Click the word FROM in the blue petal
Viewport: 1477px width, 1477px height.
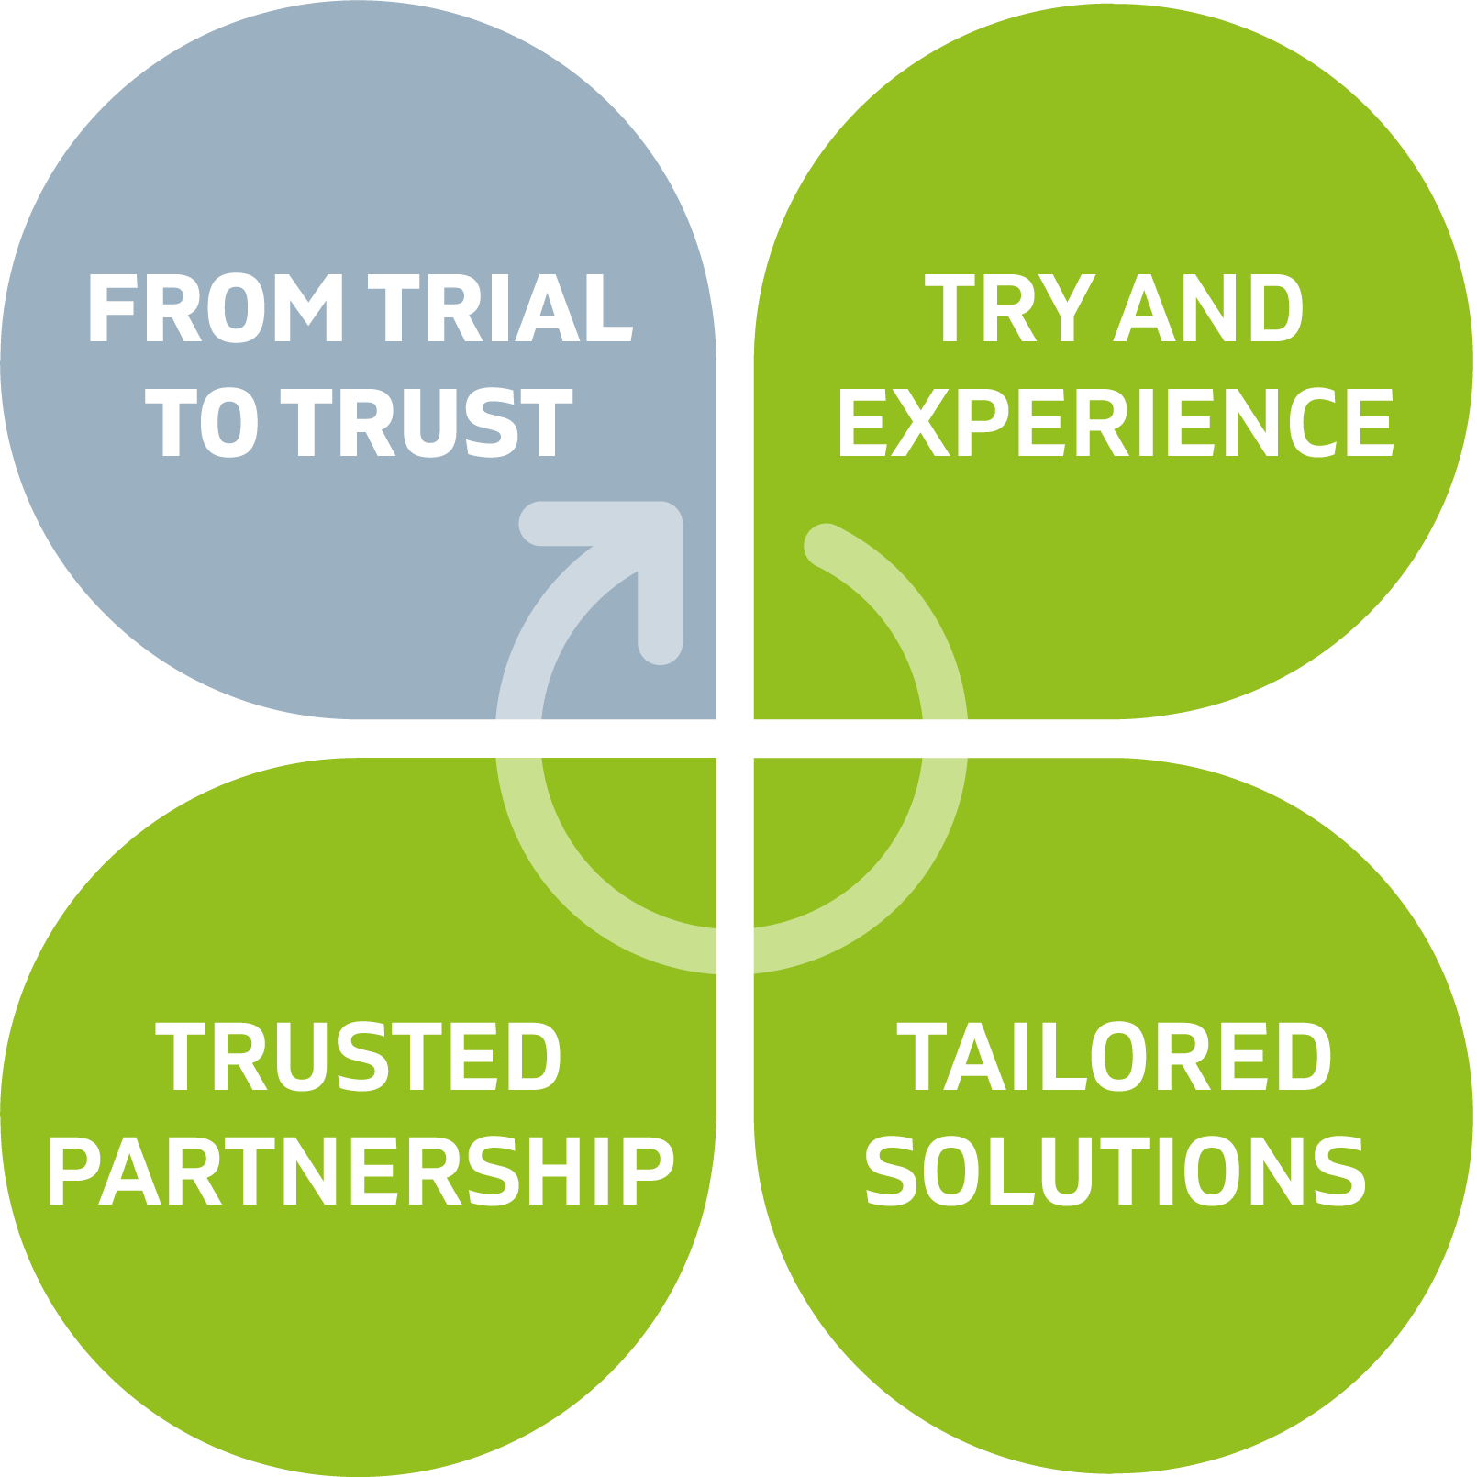click(217, 309)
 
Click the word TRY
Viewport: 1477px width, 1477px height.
click(1008, 310)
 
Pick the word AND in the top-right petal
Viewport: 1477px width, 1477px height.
click(1209, 310)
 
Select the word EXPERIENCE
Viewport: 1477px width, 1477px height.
click(1115, 423)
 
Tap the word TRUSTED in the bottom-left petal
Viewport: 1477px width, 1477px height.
click(359, 1058)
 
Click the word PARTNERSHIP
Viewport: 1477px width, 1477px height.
click(361, 1172)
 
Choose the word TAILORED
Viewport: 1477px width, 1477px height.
click(1115, 1058)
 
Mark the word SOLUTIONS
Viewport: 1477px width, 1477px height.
click(1115, 1172)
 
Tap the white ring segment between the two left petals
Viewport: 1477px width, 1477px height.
click(518, 738)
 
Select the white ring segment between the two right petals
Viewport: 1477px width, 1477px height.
click(945, 738)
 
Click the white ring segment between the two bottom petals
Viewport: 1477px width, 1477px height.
click(735, 950)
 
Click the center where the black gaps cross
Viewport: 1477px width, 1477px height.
click(735, 738)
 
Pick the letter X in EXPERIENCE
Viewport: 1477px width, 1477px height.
click(920, 423)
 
